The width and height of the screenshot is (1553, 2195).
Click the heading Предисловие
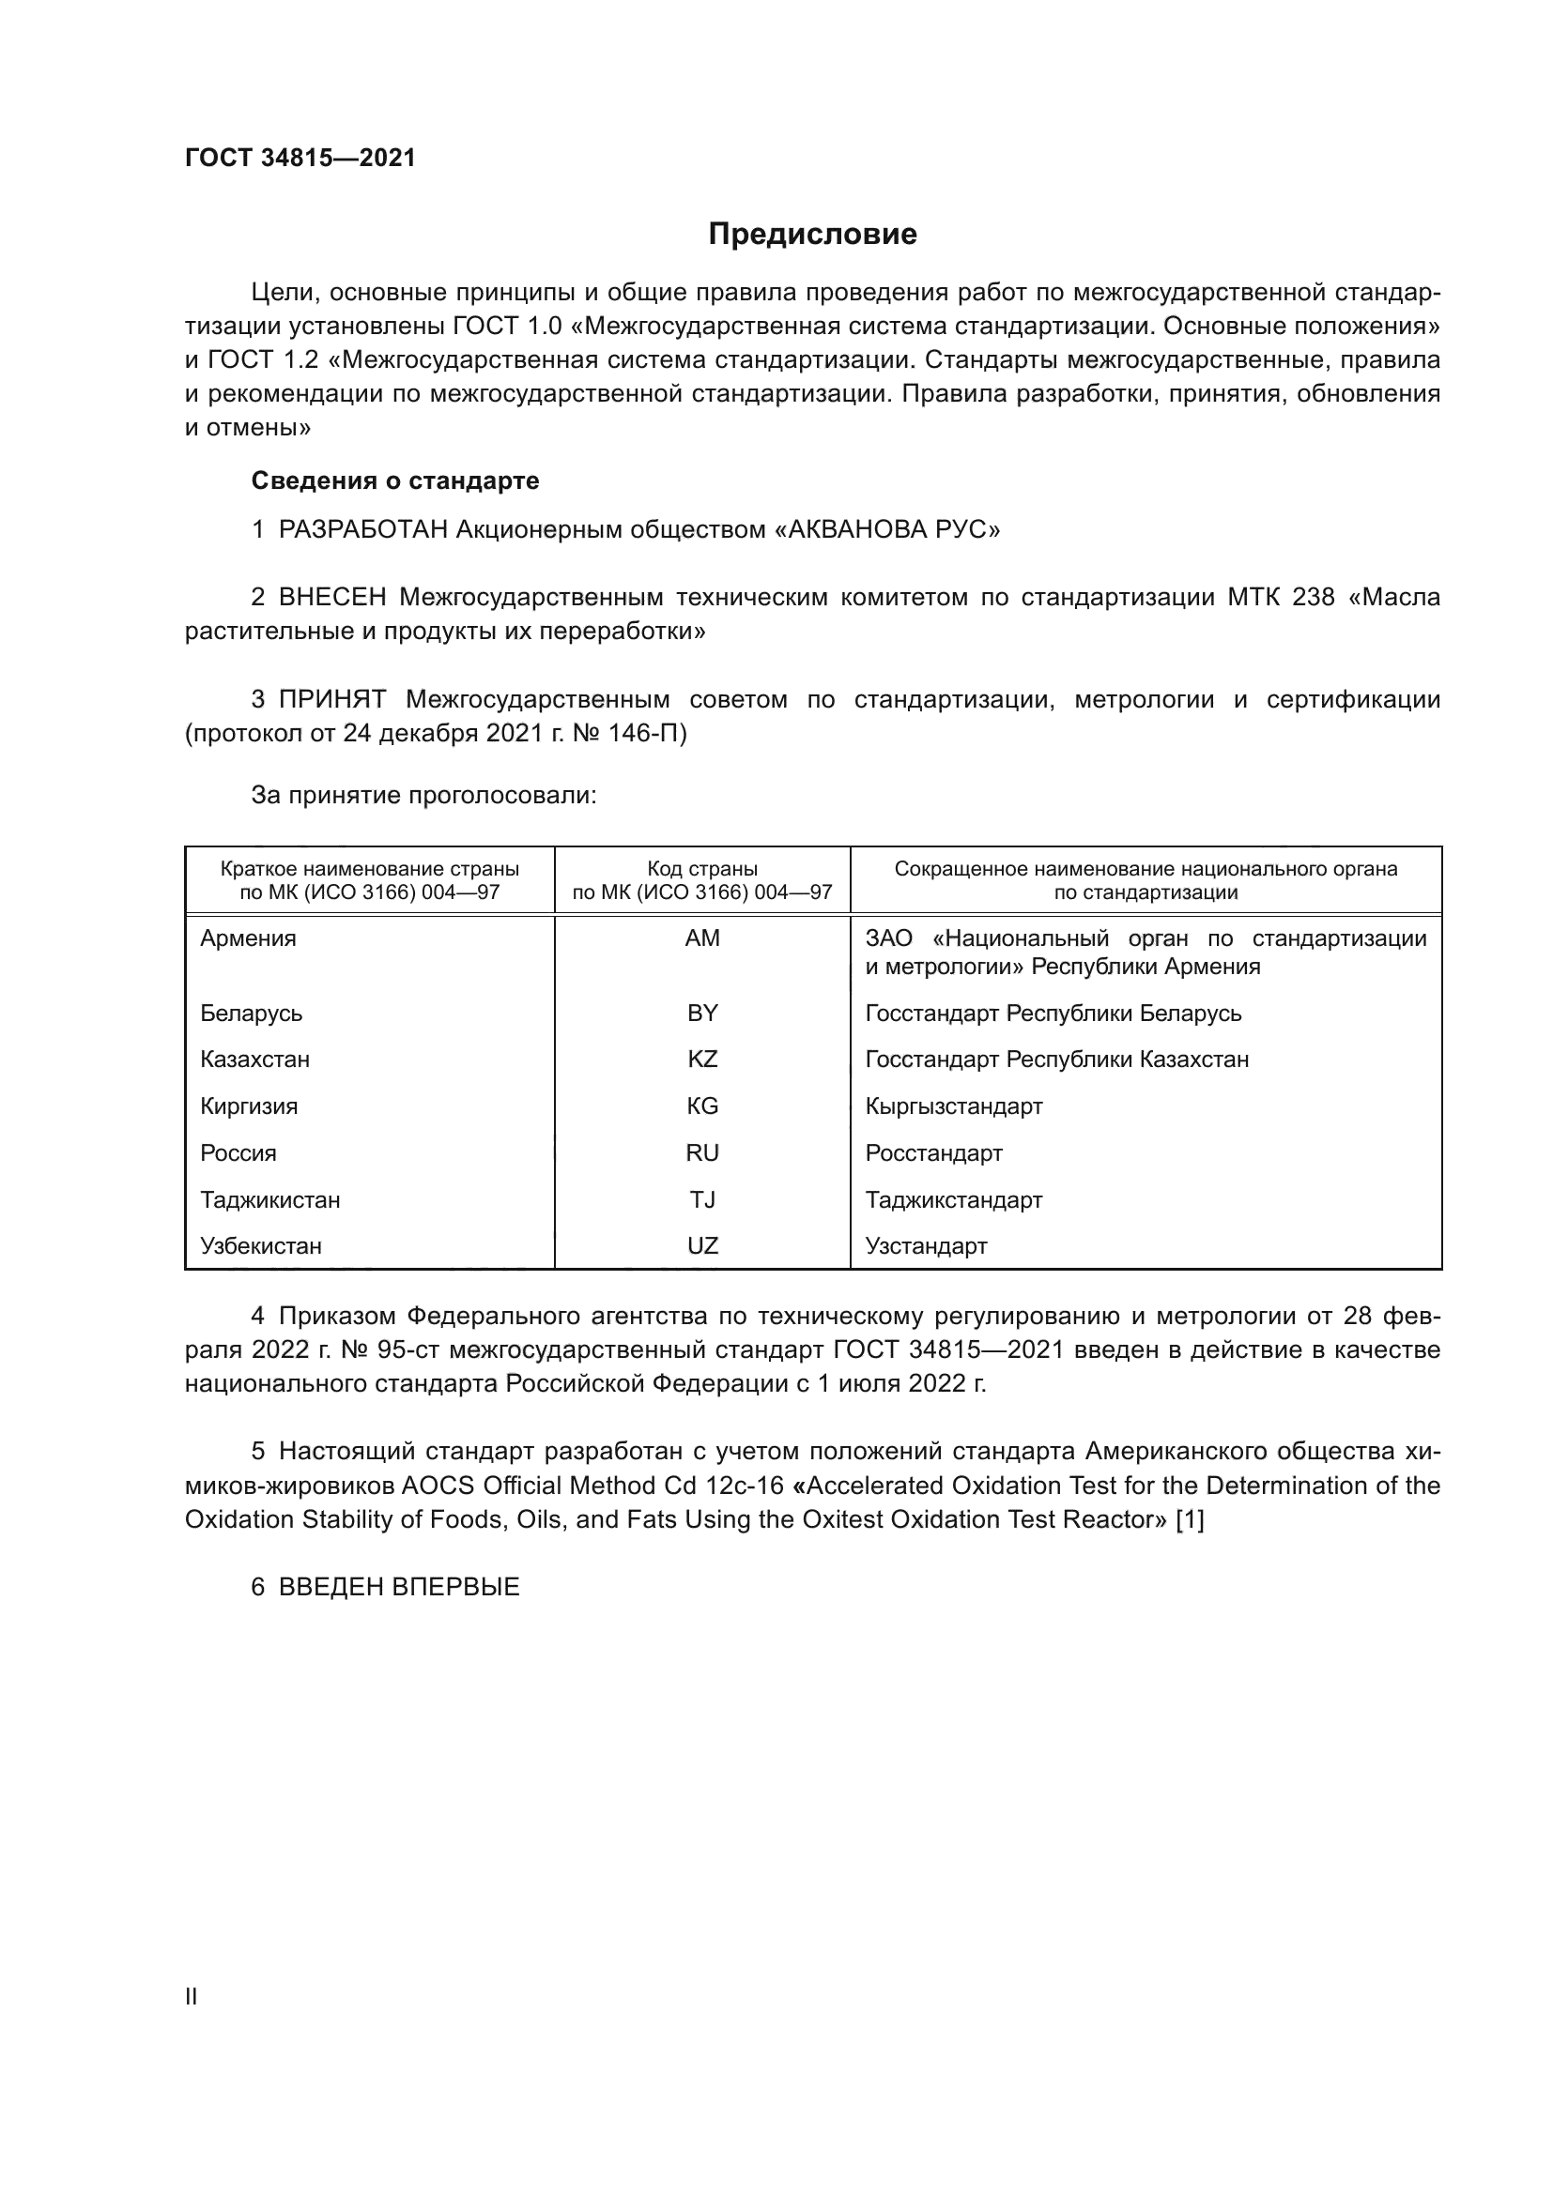pyautogui.click(x=812, y=235)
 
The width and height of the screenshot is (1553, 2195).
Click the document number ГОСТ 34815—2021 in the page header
pyautogui.click(x=300, y=159)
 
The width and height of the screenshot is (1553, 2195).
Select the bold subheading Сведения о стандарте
pyautogui.click(x=395, y=480)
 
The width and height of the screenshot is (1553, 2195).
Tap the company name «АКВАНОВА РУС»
pyautogui.click(x=886, y=529)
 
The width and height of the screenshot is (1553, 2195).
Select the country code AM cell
pyautogui.click(x=702, y=938)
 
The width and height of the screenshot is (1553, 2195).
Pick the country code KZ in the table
pyautogui.click(x=702, y=1059)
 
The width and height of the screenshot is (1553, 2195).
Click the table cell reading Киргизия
pyautogui.click(x=249, y=1106)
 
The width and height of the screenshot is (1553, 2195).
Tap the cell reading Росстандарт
pyautogui.click(x=933, y=1153)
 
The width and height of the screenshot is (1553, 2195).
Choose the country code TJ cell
pyautogui.click(x=702, y=1200)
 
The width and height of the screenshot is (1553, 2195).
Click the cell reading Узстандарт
pyautogui.click(x=926, y=1246)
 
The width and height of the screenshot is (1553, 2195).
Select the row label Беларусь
pyautogui.click(x=251, y=1014)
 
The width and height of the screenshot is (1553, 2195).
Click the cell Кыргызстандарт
pyautogui.click(x=953, y=1106)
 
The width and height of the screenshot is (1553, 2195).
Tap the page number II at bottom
pyautogui.click(x=192, y=1996)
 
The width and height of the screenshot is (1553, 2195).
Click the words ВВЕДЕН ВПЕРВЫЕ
pyautogui.click(x=399, y=1587)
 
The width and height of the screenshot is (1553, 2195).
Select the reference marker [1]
pyautogui.click(x=1189, y=1519)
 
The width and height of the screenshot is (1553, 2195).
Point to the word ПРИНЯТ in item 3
pyautogui.click(x=331, y=700)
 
